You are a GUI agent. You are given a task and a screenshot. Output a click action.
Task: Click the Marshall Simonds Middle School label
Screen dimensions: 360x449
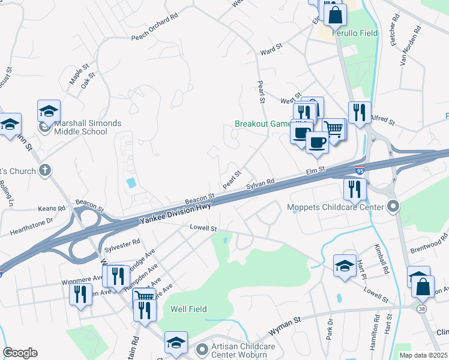pos(87,127)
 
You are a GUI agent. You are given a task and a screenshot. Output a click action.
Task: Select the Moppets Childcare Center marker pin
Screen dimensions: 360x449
pos(394,208)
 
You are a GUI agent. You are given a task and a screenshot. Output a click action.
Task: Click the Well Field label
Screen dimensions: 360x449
pos(188,310)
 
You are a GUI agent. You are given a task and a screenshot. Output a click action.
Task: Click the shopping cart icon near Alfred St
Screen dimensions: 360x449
pos(334,128)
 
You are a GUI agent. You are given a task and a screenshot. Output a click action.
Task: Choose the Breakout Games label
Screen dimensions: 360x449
pos(262,124)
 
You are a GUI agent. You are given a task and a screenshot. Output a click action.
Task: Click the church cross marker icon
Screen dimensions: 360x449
pos(44,171)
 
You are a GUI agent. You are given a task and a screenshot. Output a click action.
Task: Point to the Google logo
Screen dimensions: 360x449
pos(20,353)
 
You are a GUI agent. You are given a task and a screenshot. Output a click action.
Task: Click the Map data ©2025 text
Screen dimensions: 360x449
pos(423,355)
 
